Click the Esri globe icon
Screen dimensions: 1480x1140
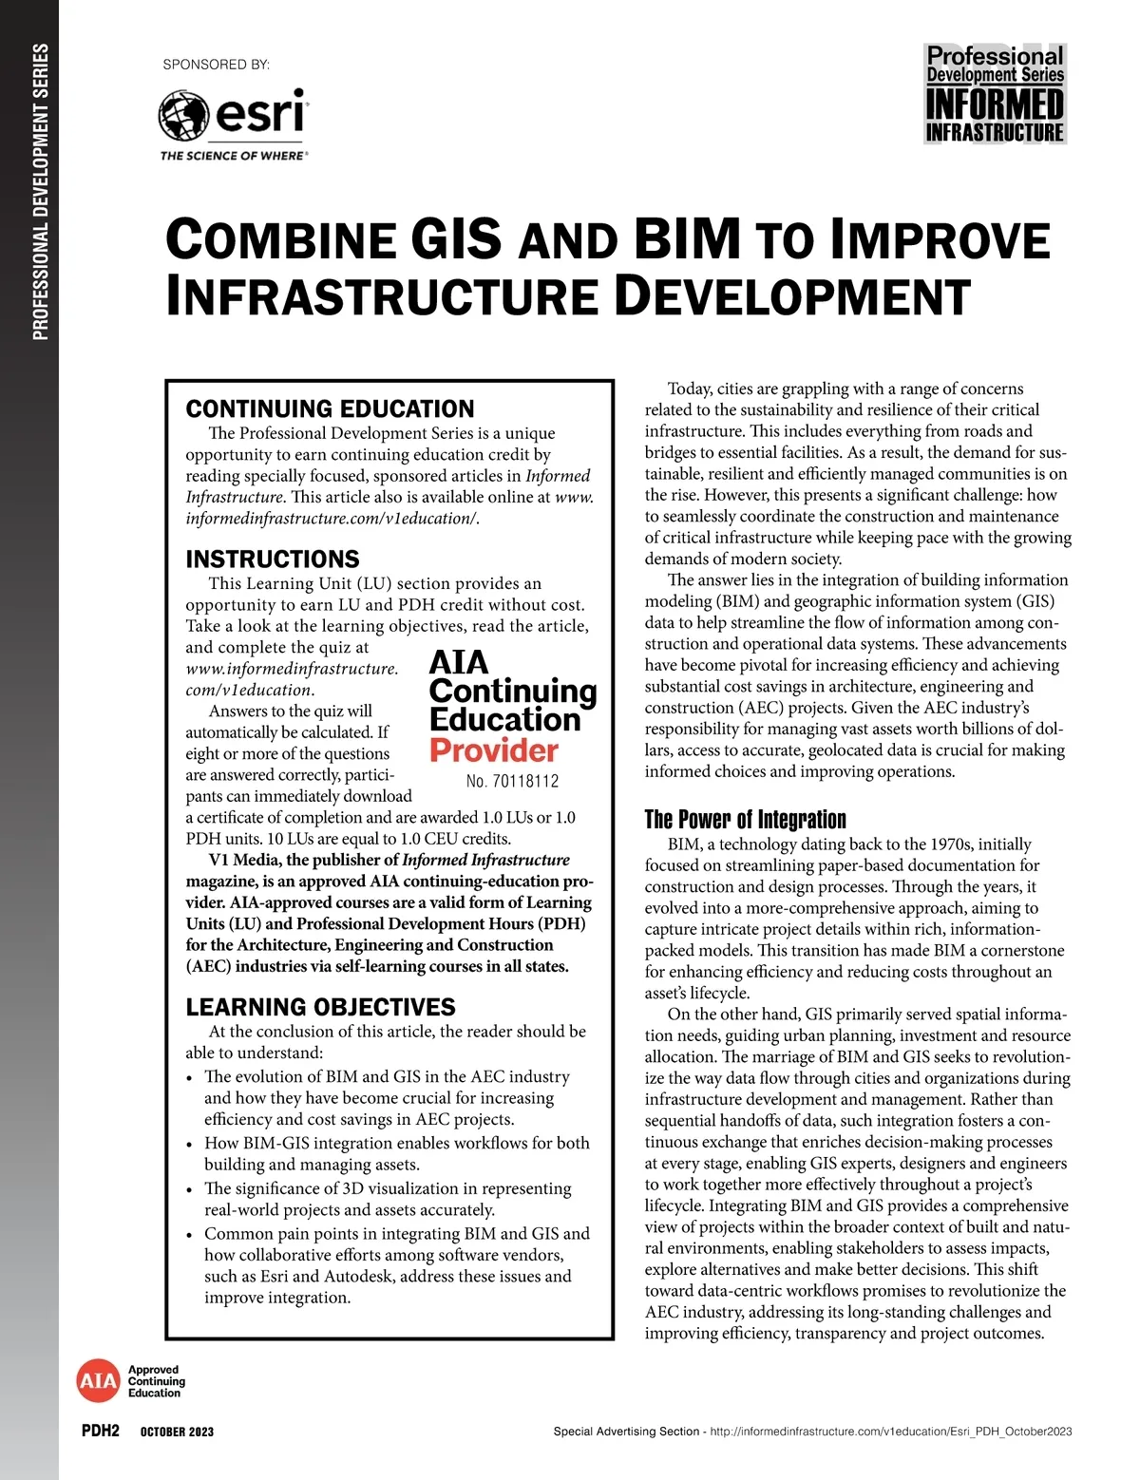tap(183, 116)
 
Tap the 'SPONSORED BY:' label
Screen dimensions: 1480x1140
tap(217, 65)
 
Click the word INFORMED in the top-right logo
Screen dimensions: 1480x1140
tap(995, 104)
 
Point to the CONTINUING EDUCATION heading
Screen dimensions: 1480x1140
tap(330, 409)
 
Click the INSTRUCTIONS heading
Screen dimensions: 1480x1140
tap(273, 559)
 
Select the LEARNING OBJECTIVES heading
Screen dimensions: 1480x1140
tap(320, 1007)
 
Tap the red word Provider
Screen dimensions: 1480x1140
tap(493, 750)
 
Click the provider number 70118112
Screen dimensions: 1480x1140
tap(526, 782)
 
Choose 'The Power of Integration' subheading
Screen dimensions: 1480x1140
tap(745, 820)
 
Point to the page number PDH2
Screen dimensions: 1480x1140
tap(101, 1431)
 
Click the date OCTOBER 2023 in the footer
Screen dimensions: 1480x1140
tap(177, 1432)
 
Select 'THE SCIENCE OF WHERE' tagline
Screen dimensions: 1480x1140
tap(232, 156)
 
